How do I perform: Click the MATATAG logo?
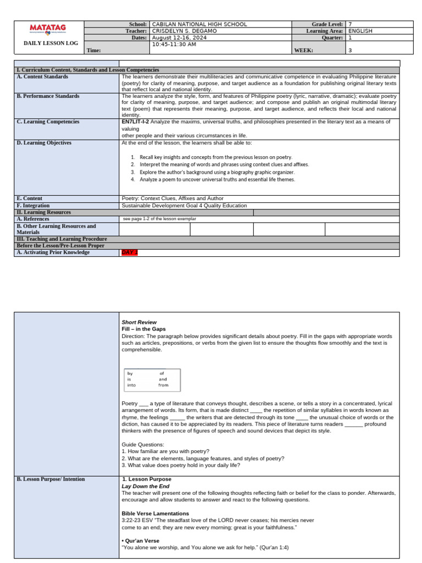48,28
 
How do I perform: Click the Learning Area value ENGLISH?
360,31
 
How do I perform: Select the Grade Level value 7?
351,24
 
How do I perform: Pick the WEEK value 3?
351,50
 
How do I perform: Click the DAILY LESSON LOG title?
48,43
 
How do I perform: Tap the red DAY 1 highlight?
130,252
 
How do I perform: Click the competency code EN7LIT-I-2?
135,122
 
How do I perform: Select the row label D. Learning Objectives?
44,143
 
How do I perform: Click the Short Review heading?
139,322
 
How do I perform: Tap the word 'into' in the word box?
131,385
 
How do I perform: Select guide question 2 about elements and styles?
203,458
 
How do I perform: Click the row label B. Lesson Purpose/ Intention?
51,479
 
